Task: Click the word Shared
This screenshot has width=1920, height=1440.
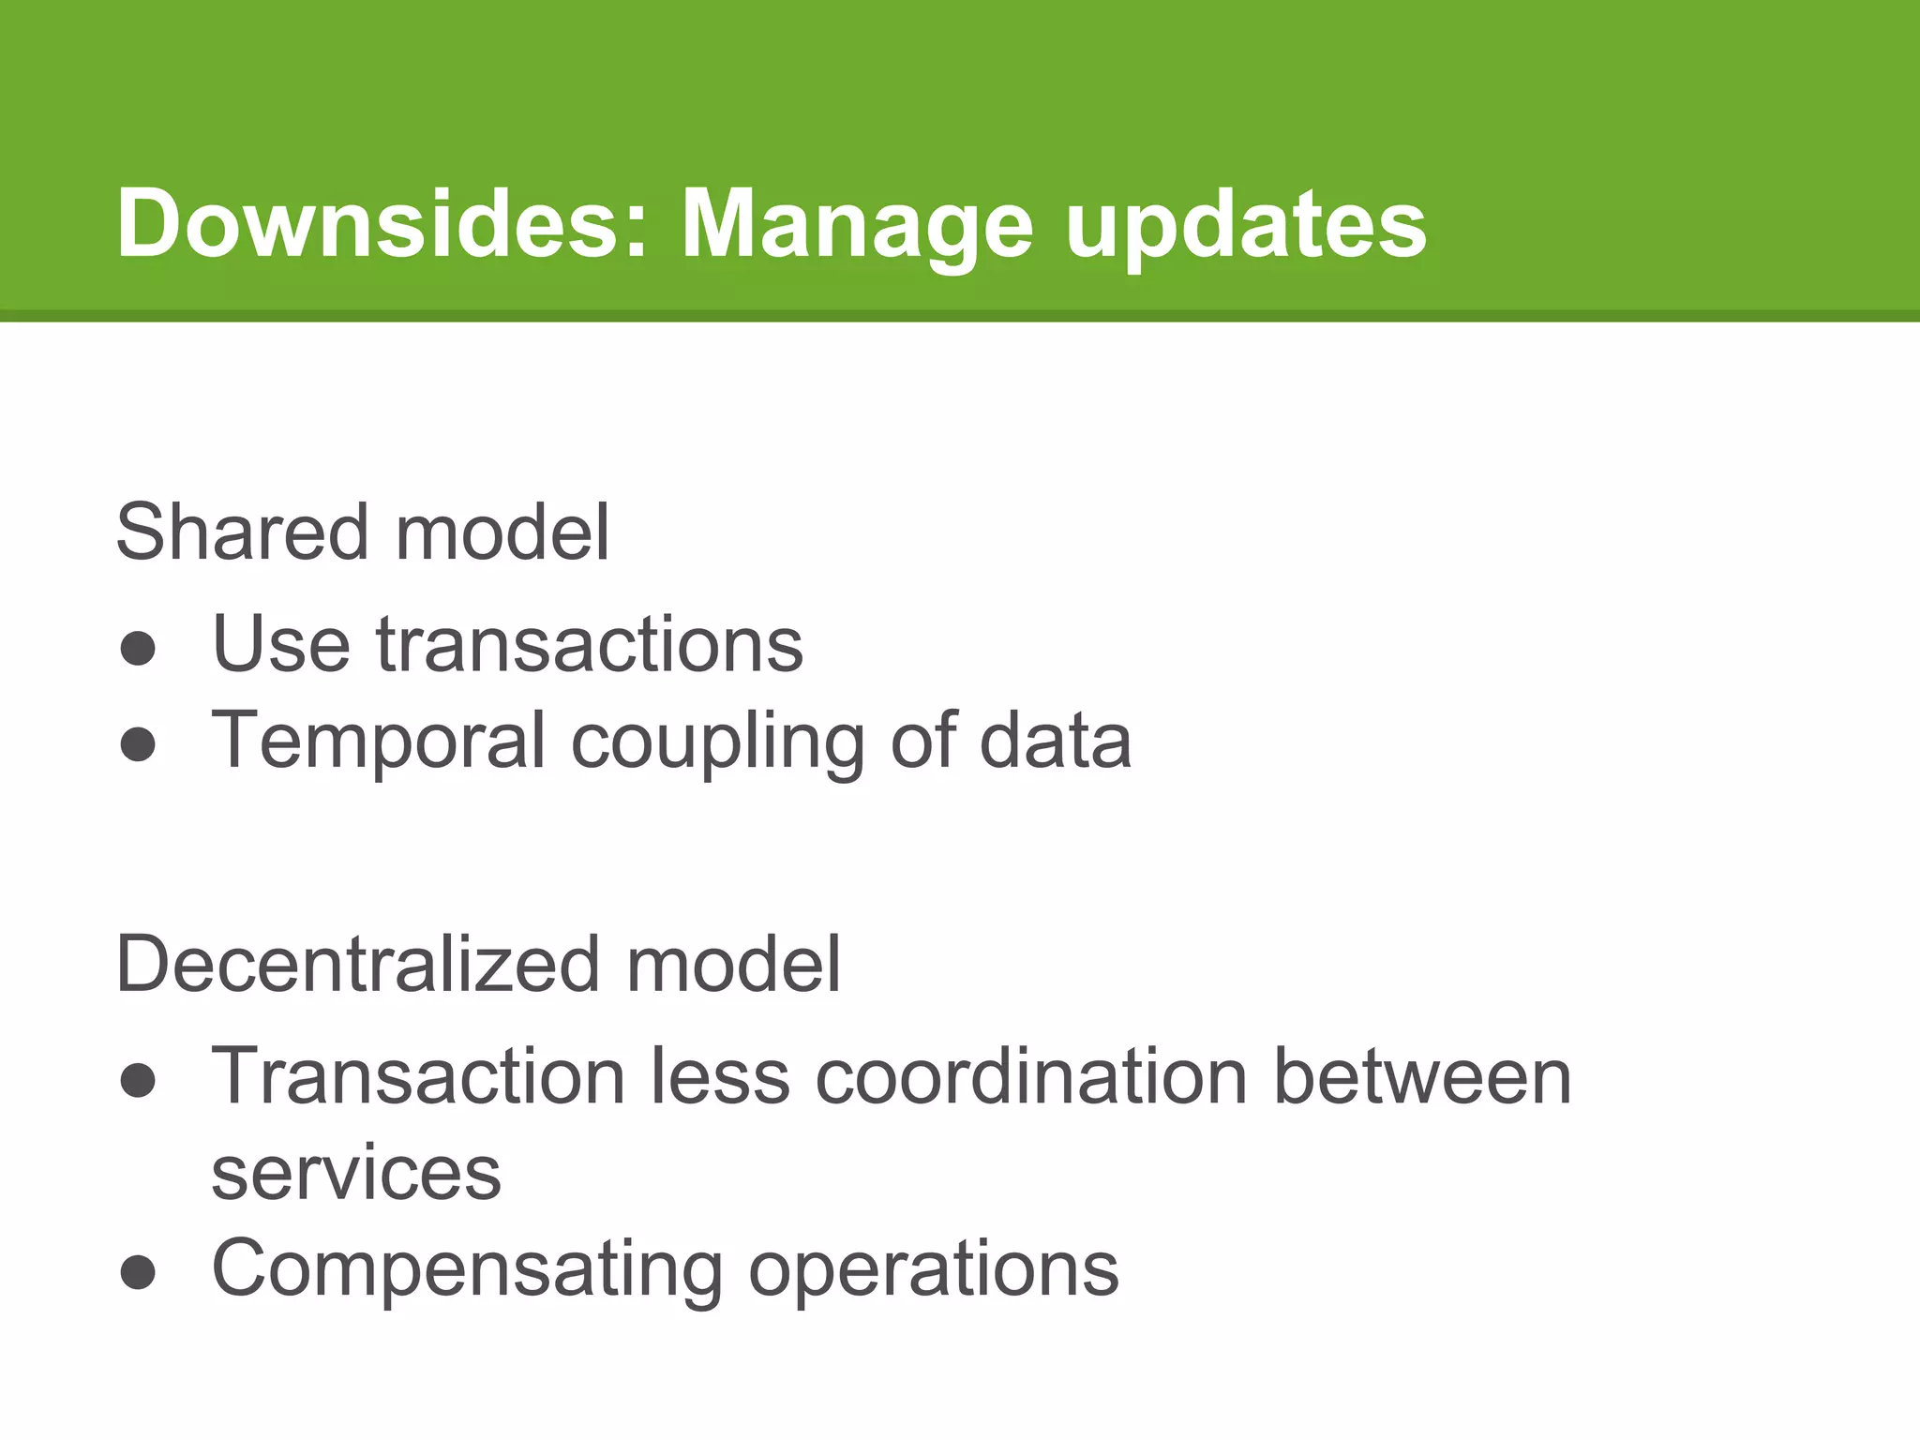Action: (243, 532)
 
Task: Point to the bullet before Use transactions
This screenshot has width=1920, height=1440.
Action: (138, 648)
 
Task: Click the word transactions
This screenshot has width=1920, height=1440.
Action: (590, 644)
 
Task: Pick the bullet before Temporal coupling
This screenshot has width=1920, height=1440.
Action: (138, 744)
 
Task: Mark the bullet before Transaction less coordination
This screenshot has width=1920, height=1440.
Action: (138, 1080)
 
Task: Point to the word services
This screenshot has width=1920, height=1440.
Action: (356, 1174)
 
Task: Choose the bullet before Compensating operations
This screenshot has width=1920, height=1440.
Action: (138, 1272)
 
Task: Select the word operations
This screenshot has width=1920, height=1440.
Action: (934, 1271)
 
